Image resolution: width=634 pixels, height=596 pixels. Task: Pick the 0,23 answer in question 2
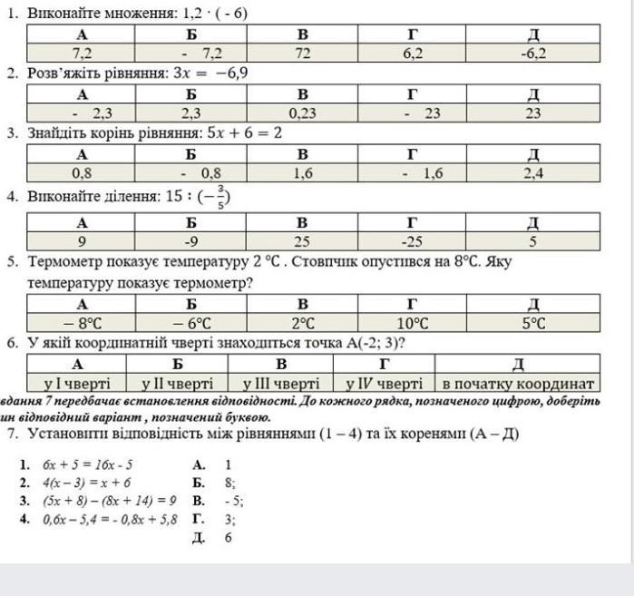[x=302, y=113]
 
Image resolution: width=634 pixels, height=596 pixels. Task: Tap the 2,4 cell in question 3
[x=533, y=173]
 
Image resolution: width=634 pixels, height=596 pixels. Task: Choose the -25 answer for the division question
[x=412, y=241]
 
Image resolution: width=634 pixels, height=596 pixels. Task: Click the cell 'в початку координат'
[x=518, y=383]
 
